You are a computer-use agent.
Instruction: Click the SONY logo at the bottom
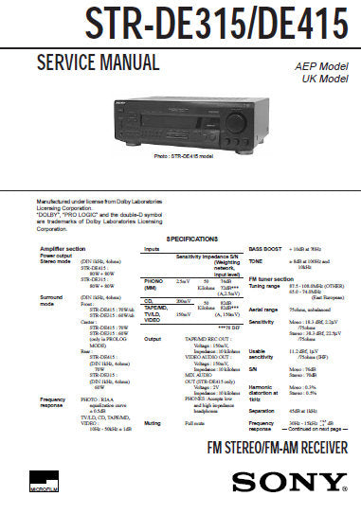point(303,485)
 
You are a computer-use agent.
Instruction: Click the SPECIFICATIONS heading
point(179,239)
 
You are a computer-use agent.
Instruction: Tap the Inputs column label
point(153,248)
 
